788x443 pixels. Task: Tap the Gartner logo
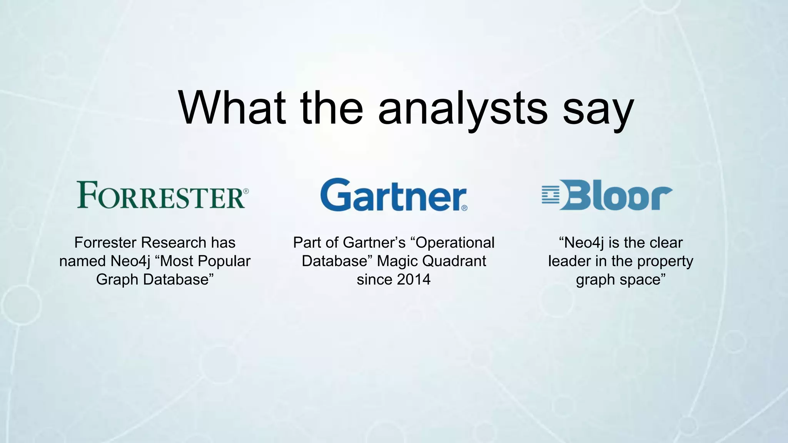393,195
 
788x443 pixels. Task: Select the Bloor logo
607,195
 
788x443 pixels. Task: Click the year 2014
413,280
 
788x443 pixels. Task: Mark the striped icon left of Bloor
550,195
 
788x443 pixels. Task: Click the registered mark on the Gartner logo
464,208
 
